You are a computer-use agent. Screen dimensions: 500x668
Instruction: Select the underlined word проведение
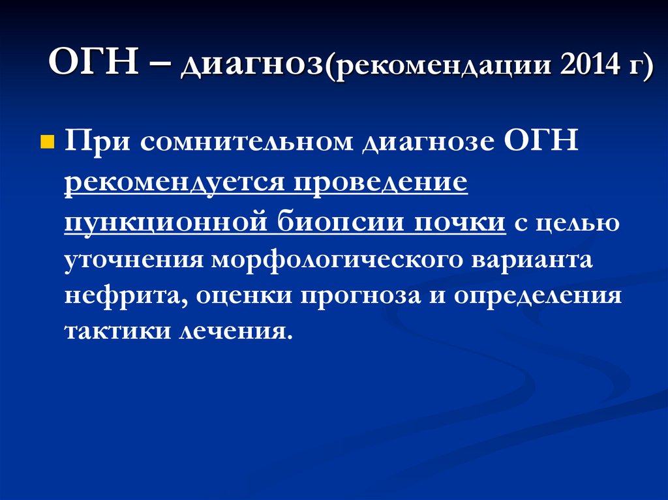click(380, 184)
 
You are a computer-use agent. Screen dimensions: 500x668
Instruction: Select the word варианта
click(541, 259)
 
